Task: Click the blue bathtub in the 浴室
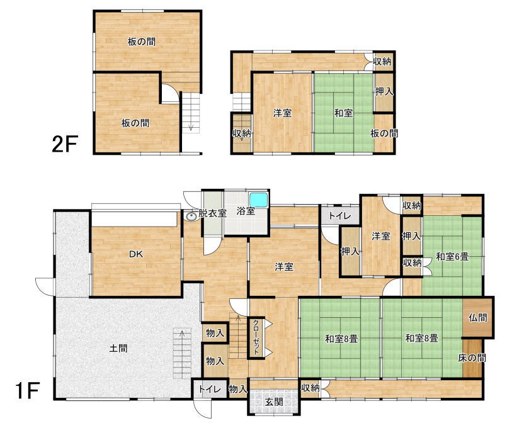click(258, 200)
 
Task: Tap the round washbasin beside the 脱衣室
click(191, 216)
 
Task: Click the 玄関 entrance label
click(273, 402)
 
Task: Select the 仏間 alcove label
click(478, 317)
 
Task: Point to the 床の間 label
click(472, 358)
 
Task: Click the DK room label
click(136, 254)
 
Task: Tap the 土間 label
click(118, 348)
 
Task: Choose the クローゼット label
click(256, 337)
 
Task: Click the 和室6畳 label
click(452, 257)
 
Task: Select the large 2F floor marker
click(65, 144)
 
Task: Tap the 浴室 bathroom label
click(246, 211)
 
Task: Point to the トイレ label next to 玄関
click(210, 390)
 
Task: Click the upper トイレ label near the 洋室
click(340, 216)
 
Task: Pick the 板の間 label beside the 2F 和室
click(384, 133)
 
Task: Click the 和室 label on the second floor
click(343, 113)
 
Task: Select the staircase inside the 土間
click(182, 353)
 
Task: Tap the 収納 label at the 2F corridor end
click(382, 62)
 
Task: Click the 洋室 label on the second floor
click(282, 113)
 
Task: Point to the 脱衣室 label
click(212, 213)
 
